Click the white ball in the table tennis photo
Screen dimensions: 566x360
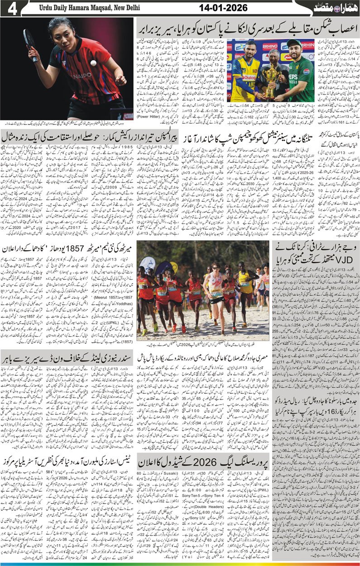click(93, 63)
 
